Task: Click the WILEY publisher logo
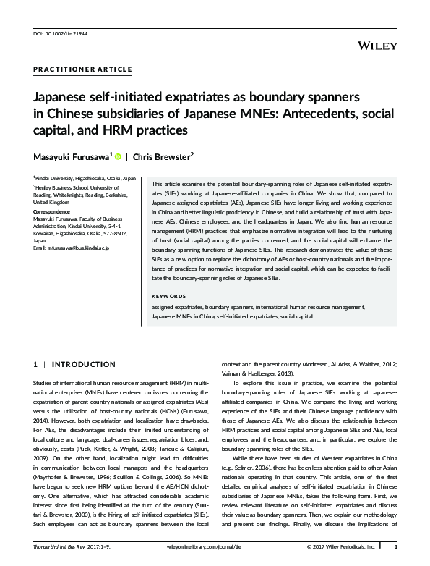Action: pos(378,45)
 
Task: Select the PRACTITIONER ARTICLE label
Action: pos(82,69)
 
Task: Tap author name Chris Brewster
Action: pos(161,157)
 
